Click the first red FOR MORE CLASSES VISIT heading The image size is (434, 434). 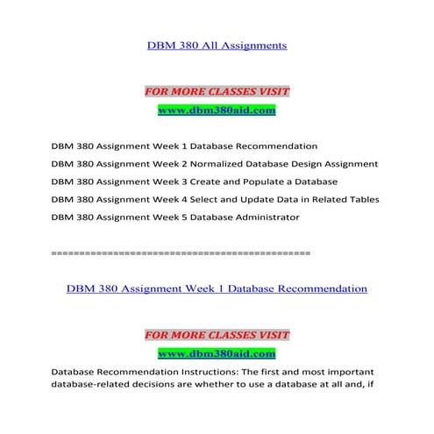pos(217,91)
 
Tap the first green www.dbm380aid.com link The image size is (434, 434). pos(217,110)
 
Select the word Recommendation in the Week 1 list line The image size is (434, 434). pos(280,146)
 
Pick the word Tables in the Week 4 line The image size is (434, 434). pos(362,199)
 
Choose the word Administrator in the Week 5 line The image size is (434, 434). pos(261,217)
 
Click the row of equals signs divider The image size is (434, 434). pos(181,253)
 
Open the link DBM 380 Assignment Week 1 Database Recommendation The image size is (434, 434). pos(216,288)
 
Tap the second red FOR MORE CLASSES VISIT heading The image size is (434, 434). pos(217,335)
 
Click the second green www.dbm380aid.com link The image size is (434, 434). pos(217,353)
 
